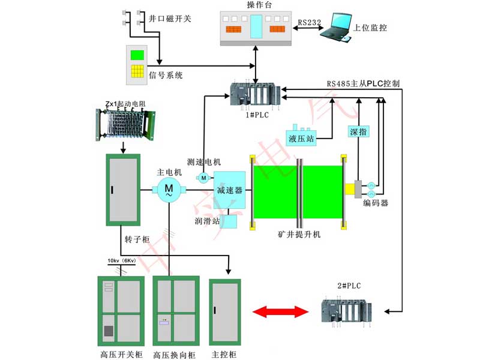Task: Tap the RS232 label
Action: click(309, 23)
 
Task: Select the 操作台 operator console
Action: click(256, 27)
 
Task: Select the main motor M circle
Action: click(169, 190)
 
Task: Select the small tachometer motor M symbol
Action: click(203, 178)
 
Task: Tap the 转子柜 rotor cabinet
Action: click(123, 190)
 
